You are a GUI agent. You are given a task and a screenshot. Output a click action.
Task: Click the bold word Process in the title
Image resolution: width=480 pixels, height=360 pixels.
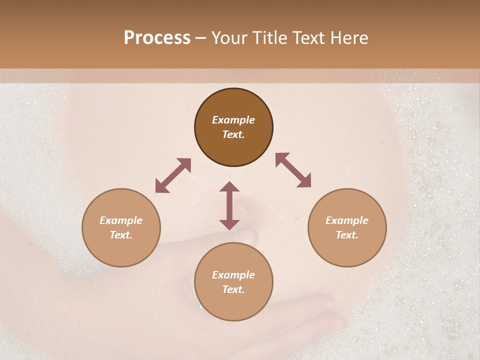click(x=157, y=38)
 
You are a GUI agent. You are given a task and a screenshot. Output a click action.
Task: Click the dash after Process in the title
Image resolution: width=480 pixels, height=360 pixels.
click(x=201, y=38)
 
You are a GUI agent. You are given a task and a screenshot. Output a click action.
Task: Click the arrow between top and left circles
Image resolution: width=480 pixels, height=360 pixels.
click(x=173, y=175)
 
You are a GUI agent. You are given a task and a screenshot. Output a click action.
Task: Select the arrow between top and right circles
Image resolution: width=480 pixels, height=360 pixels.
click(x=293, y=170)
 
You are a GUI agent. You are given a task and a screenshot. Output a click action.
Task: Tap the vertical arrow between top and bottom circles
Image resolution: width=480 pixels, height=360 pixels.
click(x=229, y=205)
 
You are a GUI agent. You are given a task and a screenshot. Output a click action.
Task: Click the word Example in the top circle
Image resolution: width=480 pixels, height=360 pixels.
click(x=233, y=120)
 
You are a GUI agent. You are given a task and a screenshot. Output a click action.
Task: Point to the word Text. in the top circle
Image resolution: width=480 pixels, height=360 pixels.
click(x=233, y=134)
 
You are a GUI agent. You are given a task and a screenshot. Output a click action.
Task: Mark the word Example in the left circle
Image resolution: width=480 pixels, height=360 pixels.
click(x=121, y=220)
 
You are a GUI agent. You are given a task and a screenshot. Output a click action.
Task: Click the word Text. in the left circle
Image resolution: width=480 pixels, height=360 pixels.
click(x=121, y=235)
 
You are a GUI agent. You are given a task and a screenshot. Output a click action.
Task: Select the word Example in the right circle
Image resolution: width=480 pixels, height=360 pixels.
click(x=347, y=220)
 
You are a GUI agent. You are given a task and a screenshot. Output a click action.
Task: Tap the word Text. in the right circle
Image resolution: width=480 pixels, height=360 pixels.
click(x=347, y=235)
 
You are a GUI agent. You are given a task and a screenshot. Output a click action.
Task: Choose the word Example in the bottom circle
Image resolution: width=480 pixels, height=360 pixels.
click(x=233, y=275)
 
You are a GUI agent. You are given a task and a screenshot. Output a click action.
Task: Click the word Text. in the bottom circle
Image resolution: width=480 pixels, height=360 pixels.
click(x=233, y=289)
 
